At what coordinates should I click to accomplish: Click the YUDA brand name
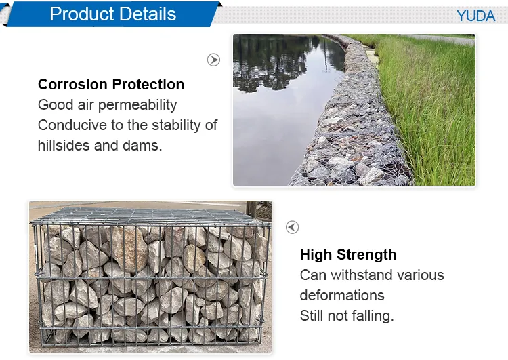(x=475, y=16)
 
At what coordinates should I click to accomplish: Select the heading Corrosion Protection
(x=111, y=85)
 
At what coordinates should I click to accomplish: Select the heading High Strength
(x=348, y=255)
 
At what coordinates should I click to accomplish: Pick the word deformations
(x=342, y=296)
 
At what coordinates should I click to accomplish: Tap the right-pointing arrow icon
(x=213, y=60)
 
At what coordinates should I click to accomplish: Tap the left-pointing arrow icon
(x=292, y=227)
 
